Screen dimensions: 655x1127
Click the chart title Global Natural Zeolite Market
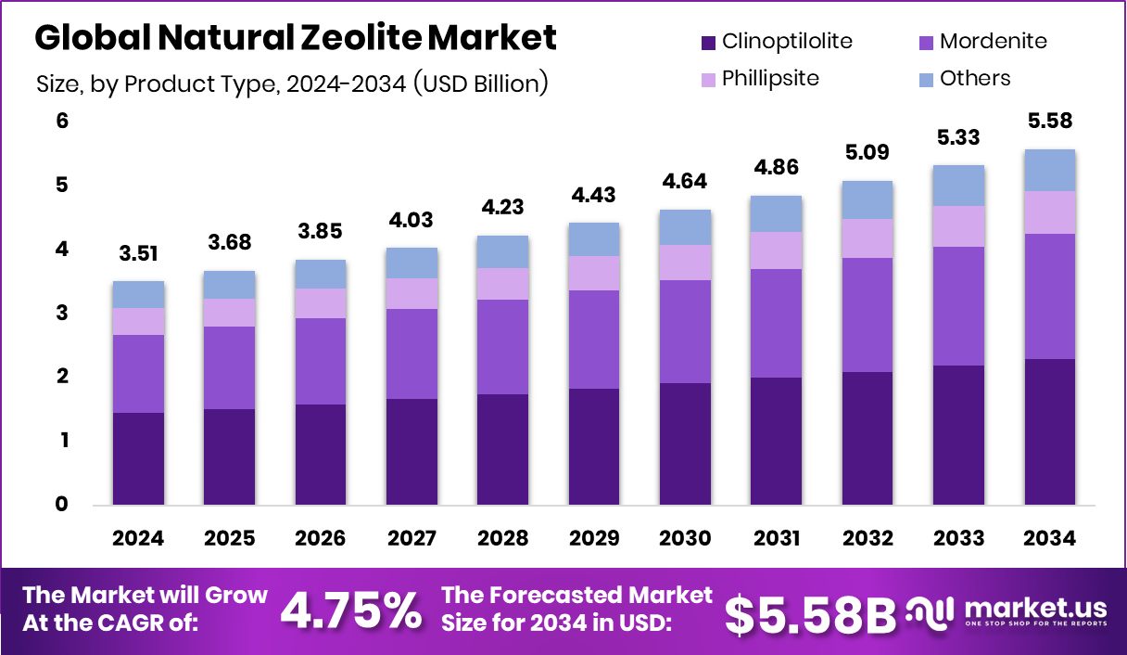coord(296,38)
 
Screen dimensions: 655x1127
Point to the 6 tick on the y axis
coord(62,122)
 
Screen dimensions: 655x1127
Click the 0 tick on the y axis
coord(62,505)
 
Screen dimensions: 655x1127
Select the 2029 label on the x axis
coord(594,539)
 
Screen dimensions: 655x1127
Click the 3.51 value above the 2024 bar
coord(138,254)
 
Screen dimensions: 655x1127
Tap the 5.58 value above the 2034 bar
coord(1050,122)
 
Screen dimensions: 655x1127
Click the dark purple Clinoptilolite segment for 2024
coord(138,458)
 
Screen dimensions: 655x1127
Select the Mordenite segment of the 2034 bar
coord(1050,296)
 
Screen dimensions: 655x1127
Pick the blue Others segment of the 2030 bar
coord(685,227)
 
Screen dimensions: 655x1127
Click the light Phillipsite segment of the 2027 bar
coord(412,293)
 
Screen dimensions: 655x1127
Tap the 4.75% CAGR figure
coord(350,610)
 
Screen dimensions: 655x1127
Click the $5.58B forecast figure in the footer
coord(809,613)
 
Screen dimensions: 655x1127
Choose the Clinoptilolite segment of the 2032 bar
coord(867,438)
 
